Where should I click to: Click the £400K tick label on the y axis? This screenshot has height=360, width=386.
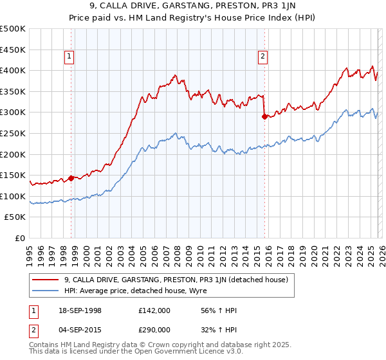click(13, 71)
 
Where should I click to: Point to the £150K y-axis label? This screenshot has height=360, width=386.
click(13, 175)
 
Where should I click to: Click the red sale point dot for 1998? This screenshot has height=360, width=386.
click(71, 178)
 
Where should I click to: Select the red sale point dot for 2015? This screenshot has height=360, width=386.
click(264, 116)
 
